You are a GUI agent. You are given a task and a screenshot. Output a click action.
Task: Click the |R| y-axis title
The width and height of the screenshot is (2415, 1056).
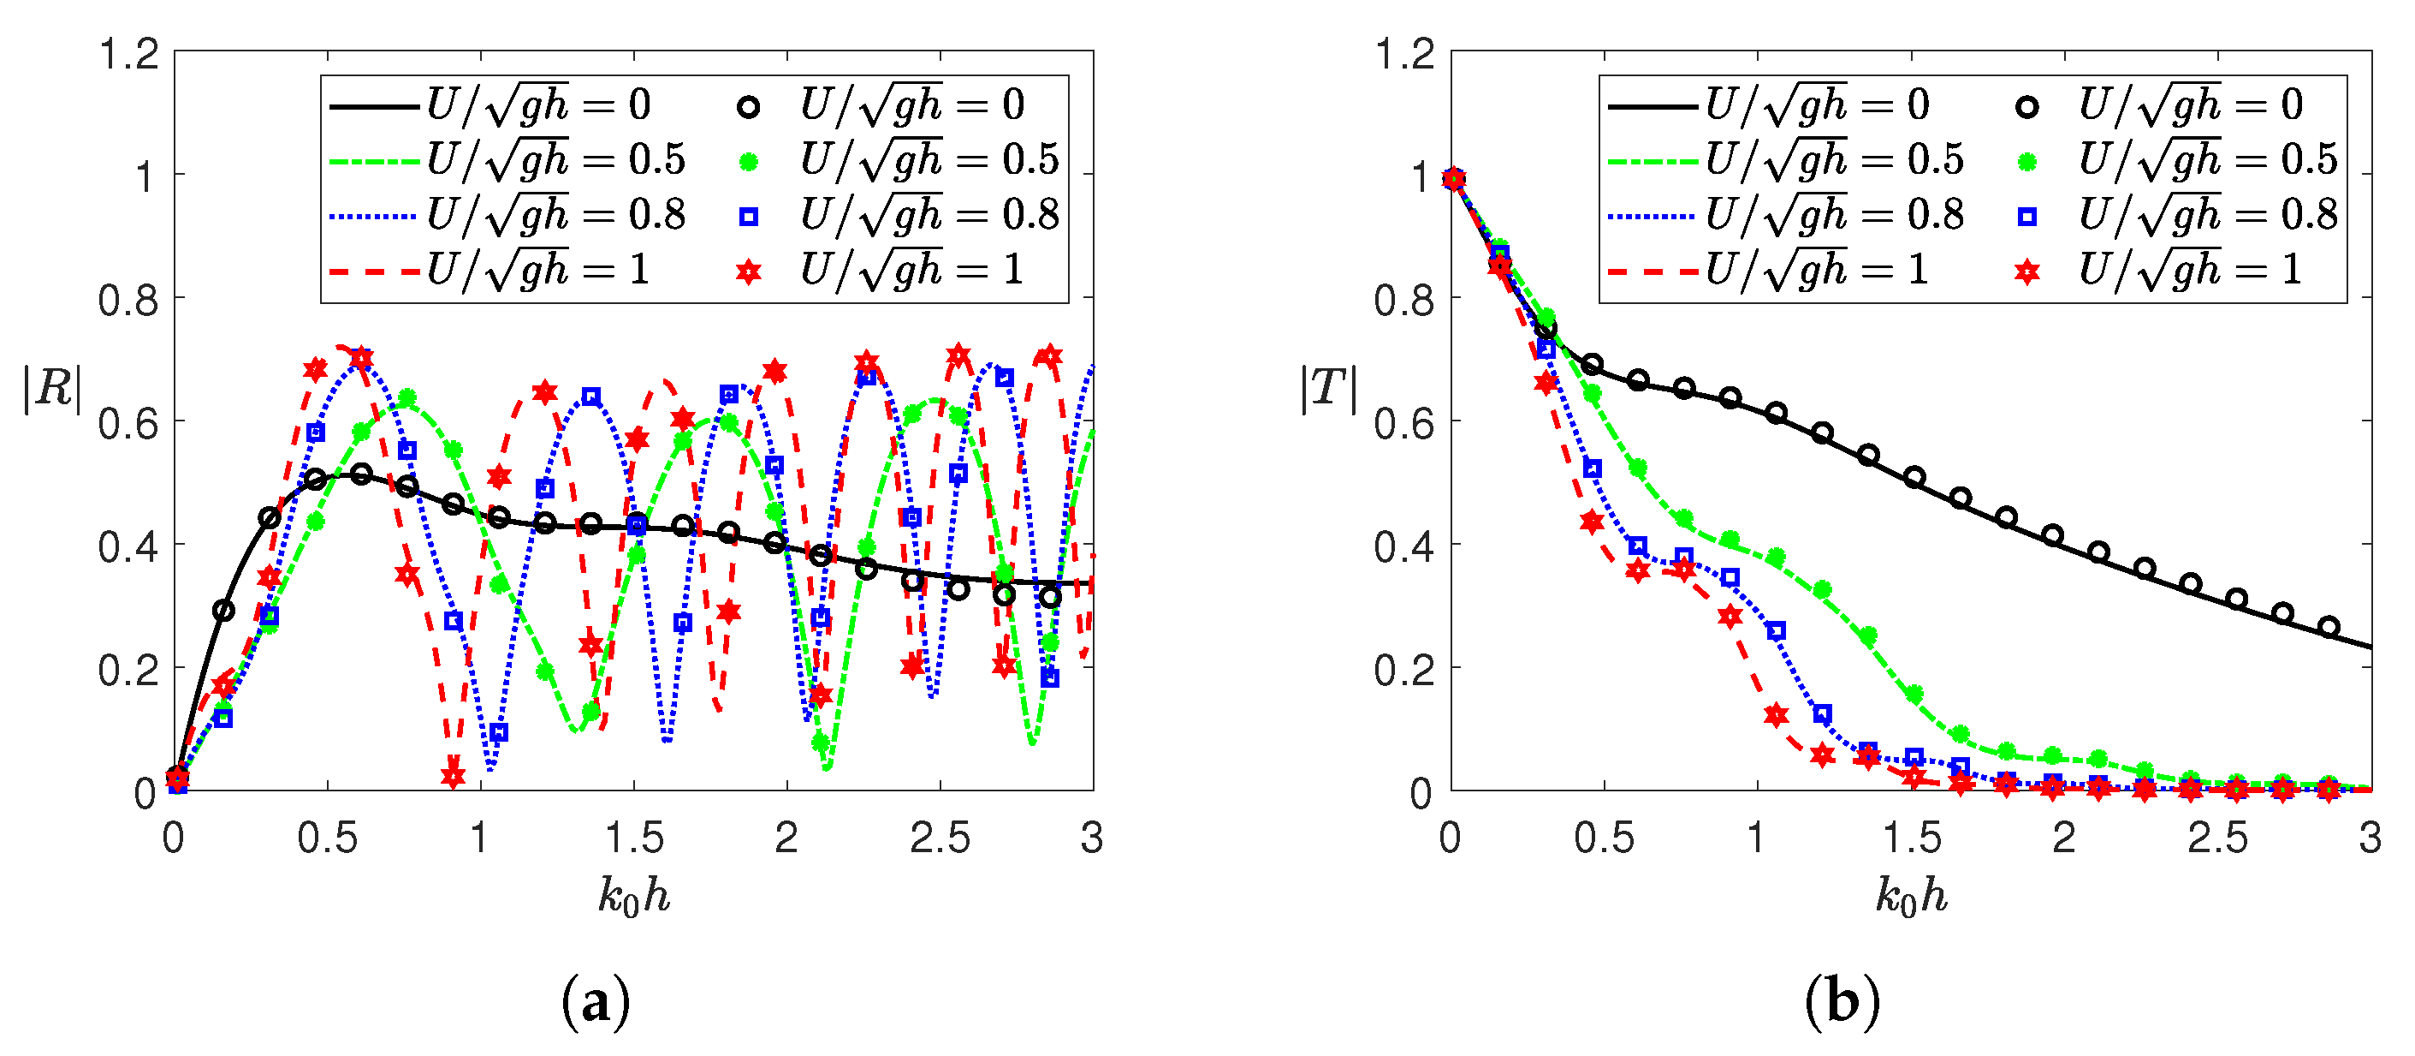[x=51, y=388]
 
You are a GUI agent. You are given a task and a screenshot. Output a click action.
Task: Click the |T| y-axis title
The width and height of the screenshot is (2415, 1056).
[x=1327, y=388]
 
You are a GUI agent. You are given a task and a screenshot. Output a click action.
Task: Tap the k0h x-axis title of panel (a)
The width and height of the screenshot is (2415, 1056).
[x=634, y=897]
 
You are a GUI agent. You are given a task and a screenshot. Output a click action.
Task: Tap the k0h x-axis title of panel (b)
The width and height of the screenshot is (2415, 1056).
[x=1911, y=897]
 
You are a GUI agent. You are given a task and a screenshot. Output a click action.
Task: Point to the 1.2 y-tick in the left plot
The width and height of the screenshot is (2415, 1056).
[x=129, y=55]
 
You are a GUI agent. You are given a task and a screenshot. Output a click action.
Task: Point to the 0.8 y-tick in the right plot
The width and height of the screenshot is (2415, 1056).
[x=1404, y=300]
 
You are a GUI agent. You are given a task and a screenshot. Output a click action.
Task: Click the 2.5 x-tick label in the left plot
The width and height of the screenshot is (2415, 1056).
[x=940, y=838]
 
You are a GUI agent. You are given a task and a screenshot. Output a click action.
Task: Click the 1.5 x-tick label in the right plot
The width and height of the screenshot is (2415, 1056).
[x=1911, y=838]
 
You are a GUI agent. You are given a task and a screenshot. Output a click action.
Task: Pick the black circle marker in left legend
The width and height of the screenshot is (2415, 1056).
[x=747, y=107]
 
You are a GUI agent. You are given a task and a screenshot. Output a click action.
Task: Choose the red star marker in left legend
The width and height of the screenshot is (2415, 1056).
[x=747, y=273]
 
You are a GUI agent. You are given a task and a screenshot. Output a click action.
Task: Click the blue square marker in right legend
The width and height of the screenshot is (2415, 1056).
[x=2026, y=218]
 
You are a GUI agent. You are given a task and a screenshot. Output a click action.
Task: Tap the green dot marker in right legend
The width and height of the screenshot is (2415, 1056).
[x=2026, y=162]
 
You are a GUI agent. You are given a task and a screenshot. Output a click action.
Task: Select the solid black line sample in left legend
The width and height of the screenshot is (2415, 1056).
[x=373, y=107]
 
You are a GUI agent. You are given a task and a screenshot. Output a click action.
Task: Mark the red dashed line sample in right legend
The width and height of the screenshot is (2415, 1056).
[x=1651, y=273]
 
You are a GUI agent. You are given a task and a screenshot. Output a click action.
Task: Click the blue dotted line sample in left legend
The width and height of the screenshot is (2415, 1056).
[x=373, y=218]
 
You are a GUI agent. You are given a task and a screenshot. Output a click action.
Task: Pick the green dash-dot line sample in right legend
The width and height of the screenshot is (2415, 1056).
[x=1651, y=162]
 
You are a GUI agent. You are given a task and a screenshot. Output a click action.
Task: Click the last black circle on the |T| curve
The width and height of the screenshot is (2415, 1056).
[x=2329, y=626]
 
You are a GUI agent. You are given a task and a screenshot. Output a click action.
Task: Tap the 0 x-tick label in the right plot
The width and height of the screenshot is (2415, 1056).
[x=1451, y=838]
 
